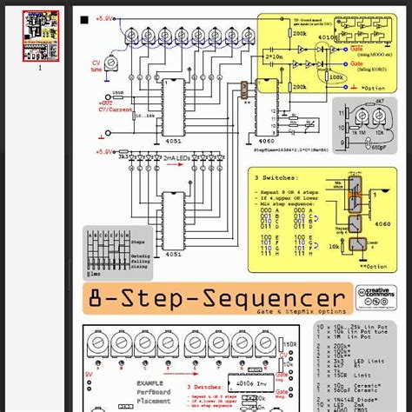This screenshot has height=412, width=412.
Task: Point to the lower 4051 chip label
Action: pyautogui.click(x=175, y=254)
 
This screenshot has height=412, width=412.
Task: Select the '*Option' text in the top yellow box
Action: pyautogui.click(x=375, y=87)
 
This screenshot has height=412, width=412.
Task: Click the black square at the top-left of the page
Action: pyautogui.click(x=83, y=18)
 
